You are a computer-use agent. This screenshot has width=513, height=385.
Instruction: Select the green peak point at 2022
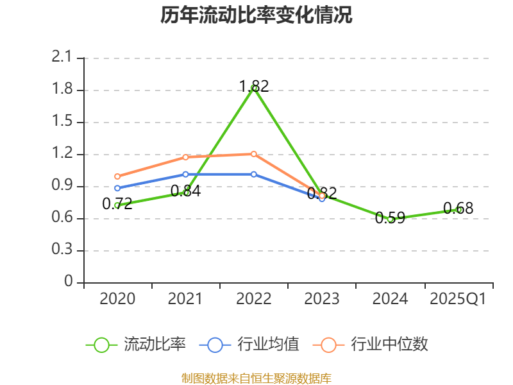[254, 88]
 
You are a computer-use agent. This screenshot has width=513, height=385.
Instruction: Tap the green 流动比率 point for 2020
[117, 205]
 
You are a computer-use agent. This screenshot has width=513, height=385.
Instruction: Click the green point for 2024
[390, 219]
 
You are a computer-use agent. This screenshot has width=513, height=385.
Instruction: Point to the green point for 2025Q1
[458, 209]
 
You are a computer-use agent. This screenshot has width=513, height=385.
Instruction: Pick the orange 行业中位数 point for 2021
[185, 157]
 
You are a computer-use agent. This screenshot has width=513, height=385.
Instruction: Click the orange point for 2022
[254, 154]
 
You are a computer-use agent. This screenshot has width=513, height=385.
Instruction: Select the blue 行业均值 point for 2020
[117, 188]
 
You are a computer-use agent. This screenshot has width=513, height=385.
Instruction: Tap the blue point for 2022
[254, 174]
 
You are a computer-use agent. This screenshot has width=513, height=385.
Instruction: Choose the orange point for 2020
[117, 176]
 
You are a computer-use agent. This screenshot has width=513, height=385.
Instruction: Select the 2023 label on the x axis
[322, 299]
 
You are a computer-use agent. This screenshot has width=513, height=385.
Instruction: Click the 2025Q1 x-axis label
[458, 299]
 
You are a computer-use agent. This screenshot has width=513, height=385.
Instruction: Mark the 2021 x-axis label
[185, 299]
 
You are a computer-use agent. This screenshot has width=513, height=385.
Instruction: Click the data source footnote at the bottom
[256, 378]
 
